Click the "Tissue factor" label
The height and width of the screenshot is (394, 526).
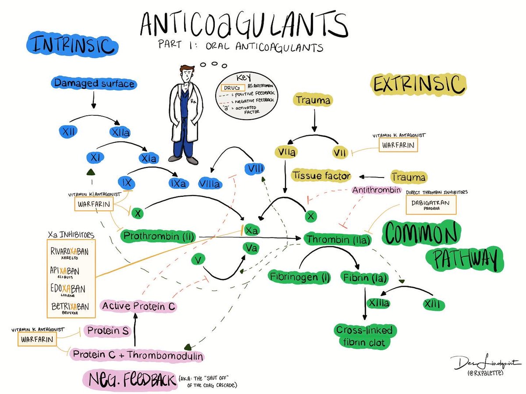(322, 176)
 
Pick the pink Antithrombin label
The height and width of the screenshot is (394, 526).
(377, 190)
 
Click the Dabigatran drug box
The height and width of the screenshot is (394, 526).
(430, 204)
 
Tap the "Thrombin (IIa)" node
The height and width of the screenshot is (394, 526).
(339, 240)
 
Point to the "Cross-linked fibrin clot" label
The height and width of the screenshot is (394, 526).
(363, 337)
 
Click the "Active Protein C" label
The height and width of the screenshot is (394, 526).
(138, 306)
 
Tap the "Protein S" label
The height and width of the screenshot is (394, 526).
(107, 331)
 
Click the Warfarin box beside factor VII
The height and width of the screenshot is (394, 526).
(398, 145)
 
